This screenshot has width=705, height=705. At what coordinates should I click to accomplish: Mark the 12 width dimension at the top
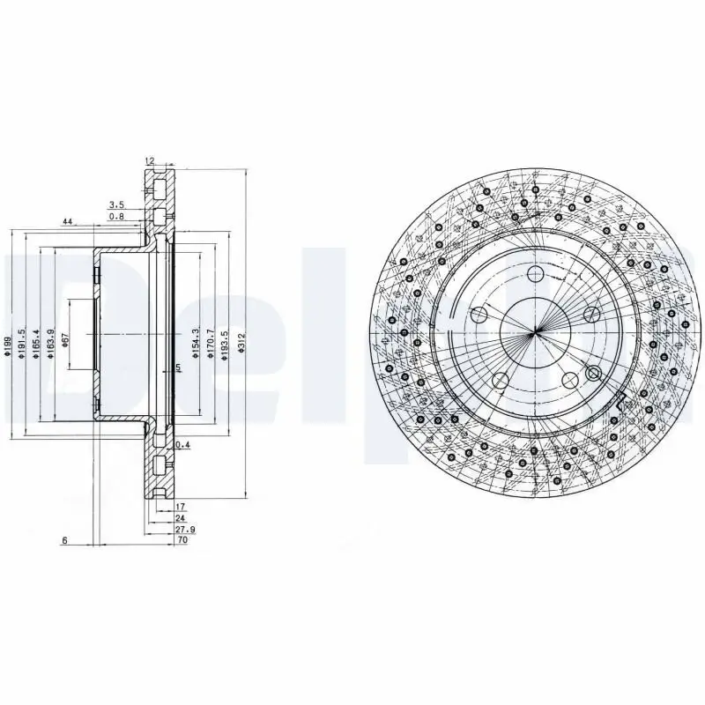[x=149, y=161]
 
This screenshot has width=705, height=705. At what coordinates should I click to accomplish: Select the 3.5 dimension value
[x=115, y=204]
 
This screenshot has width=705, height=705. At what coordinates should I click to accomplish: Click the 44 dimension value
[x=67, y=221]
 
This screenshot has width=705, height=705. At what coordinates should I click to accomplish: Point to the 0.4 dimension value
[x=182, y=445]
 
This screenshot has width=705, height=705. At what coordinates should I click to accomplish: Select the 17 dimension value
[x=180, y=507]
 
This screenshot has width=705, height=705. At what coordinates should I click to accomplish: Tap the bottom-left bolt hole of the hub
[x=500, y=380]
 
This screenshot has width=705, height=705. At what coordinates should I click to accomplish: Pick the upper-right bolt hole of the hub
[x=591, y=315]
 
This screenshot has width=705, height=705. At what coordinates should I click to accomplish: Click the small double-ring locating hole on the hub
[x=592, y=371]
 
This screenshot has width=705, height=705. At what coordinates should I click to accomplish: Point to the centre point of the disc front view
[x=535, y=333]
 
